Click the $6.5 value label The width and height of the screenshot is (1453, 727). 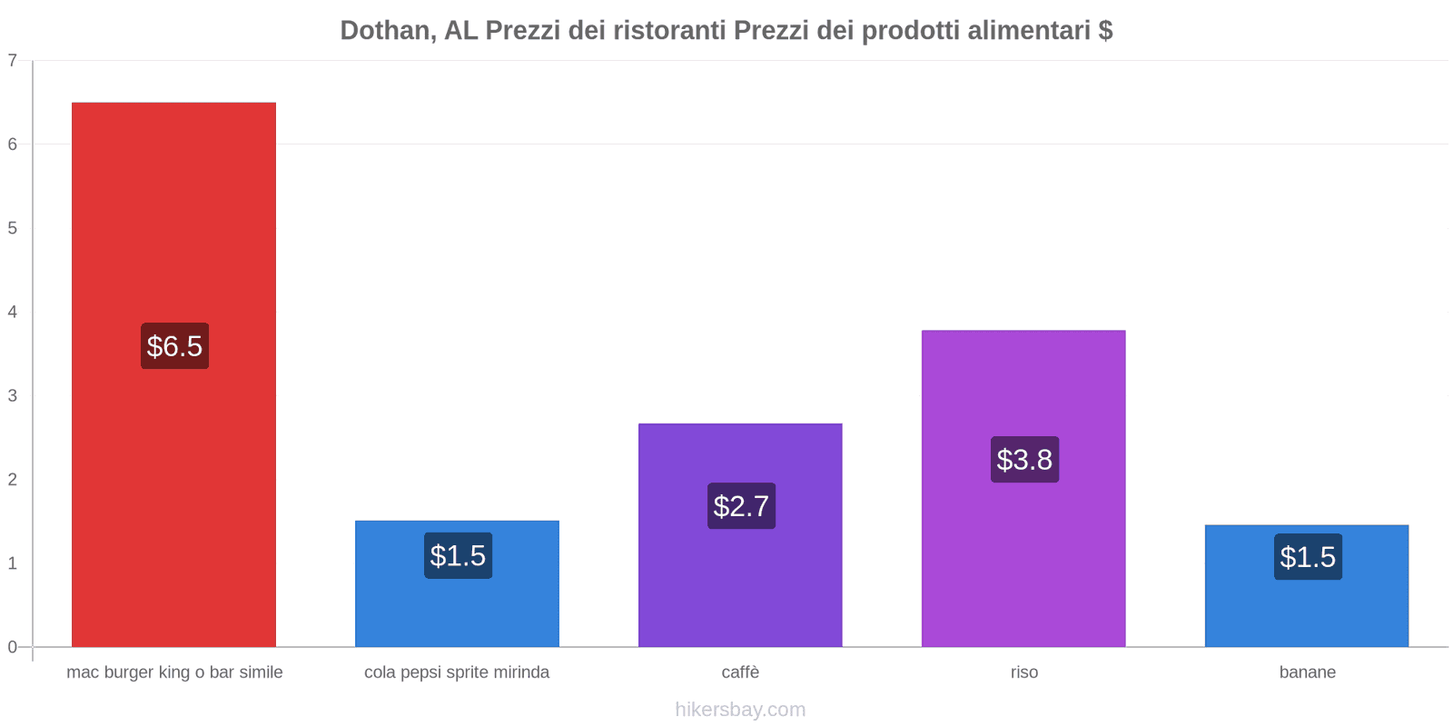174,346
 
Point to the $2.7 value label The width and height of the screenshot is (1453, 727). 741,506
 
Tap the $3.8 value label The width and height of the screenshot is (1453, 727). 1024,460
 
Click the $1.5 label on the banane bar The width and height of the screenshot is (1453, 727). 1308,557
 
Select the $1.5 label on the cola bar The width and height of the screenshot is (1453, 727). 458,556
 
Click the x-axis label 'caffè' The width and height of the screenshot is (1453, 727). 740,672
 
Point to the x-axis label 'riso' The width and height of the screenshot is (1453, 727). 1023,672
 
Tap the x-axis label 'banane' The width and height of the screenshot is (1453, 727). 1307,672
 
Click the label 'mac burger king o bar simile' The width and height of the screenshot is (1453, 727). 174,672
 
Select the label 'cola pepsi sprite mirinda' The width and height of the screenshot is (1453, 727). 457,672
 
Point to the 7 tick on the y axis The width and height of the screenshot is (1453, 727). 13,61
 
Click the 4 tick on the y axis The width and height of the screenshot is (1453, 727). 13,313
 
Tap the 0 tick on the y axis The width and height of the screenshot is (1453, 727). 13,647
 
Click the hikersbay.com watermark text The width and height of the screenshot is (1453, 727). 740,710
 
